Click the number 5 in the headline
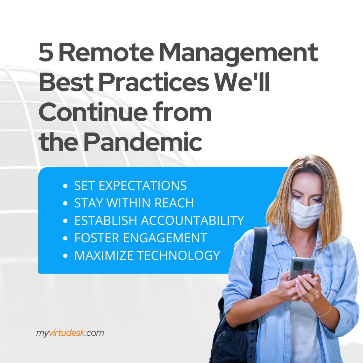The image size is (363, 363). tap(46, 52)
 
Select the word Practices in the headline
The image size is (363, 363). tap(154, 82)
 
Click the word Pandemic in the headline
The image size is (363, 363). tap(143, 142)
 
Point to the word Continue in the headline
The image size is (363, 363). tap(93, 112)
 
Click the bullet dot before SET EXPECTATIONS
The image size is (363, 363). tap(65, 186)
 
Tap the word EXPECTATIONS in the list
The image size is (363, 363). tap(143, 186)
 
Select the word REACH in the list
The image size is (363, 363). tap(174, 203)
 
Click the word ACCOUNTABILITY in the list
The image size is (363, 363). tap(192, 220)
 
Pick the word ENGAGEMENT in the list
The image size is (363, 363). tap(165, 238)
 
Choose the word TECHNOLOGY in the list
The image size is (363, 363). tap(178, 255)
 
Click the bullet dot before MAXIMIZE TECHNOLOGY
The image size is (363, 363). tap(65, 255)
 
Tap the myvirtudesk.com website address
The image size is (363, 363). tap(70, 333)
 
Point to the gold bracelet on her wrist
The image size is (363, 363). tap(325, 312)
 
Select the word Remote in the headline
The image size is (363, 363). tap(106, 52)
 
